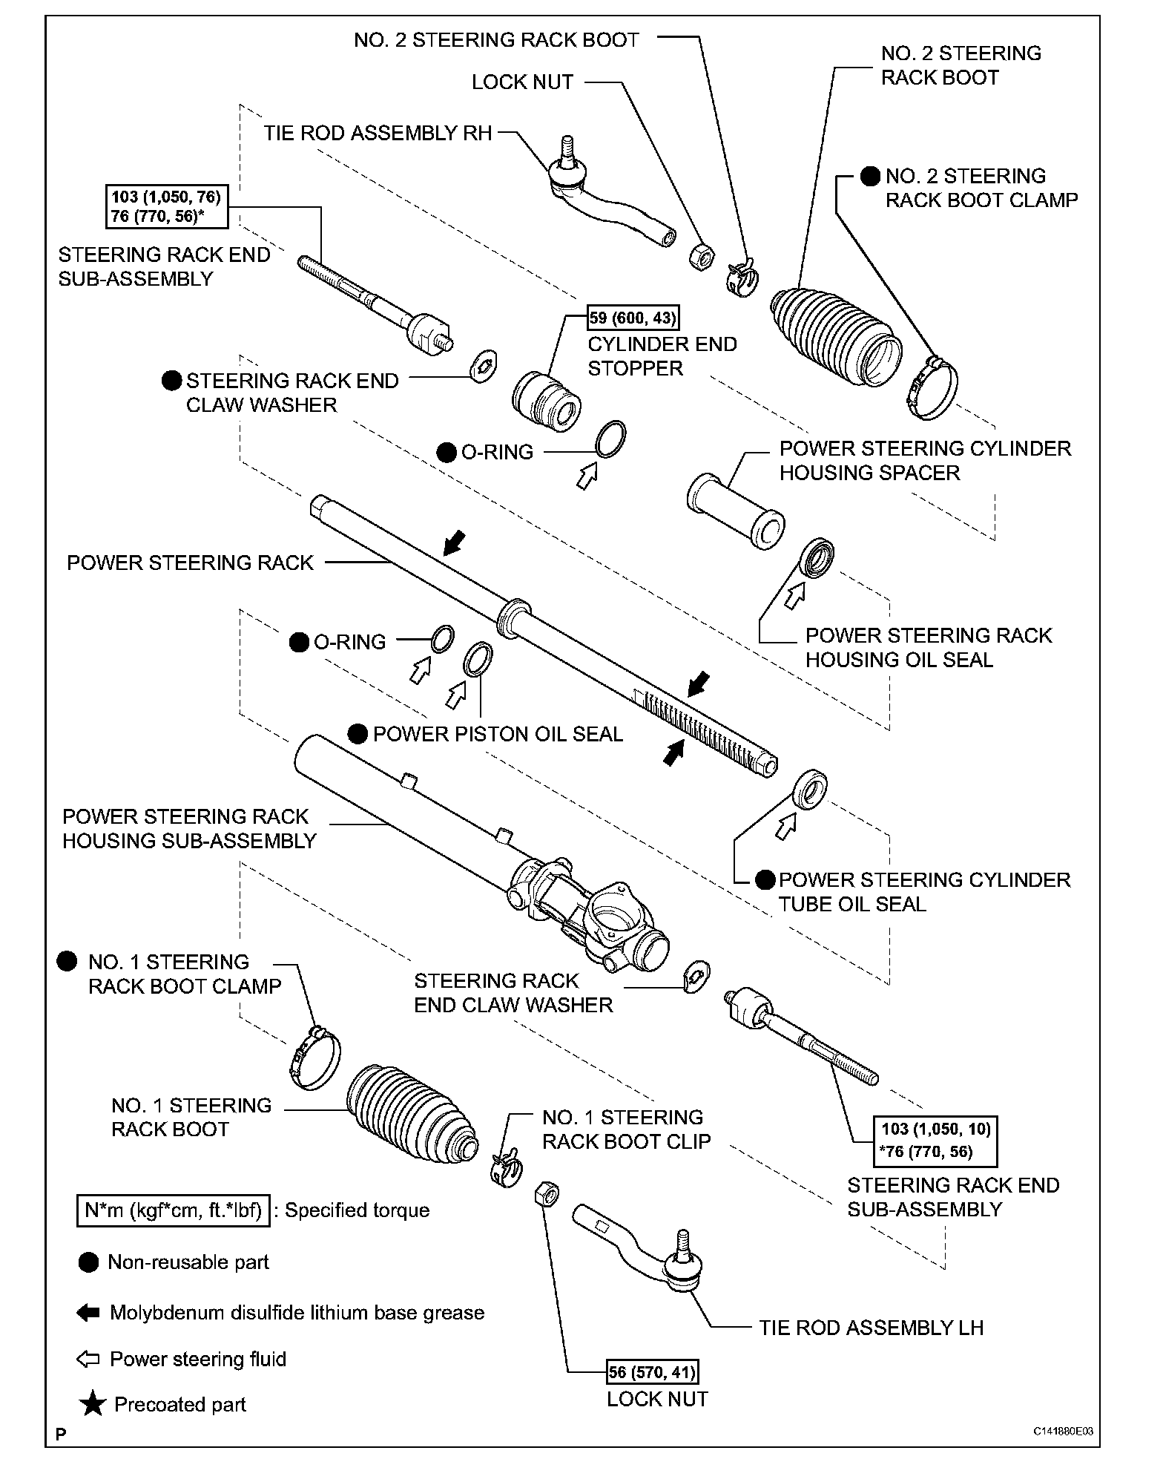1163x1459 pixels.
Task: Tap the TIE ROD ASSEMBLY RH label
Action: coord(378,134)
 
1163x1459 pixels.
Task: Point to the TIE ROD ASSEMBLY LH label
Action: coord(871,1328)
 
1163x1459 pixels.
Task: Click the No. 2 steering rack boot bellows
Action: coord(836,332)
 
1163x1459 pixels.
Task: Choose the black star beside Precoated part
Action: coord(93,1404)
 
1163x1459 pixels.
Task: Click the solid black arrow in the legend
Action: coord(88,1313)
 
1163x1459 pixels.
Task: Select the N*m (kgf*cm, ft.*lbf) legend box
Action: coord(173,1210)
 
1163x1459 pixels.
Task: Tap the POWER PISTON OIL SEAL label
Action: coord(498,735)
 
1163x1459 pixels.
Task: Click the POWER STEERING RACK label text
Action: coord(190,563)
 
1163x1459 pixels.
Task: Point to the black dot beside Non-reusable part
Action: coord(88,1262)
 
